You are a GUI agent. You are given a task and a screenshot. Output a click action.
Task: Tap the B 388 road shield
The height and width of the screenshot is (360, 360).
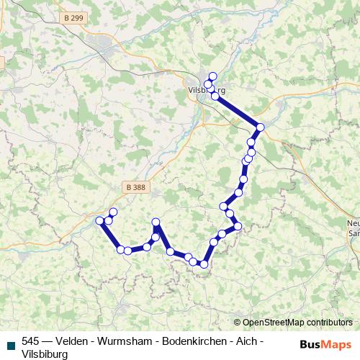click(x=133, y=186)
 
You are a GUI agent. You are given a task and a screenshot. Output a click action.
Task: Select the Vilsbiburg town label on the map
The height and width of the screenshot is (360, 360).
click(x=206, y=91)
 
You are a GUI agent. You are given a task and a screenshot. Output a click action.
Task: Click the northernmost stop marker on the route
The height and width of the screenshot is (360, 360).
click(x=212, y=76)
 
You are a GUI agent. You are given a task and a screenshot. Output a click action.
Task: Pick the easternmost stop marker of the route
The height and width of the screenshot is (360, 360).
click(x=261, y=127)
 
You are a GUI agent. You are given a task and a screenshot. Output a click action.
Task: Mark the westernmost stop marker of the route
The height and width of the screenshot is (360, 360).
click(x=100, y=221)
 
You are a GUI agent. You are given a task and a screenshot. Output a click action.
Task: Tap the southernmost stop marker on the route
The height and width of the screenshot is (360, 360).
click(x=204, y=264)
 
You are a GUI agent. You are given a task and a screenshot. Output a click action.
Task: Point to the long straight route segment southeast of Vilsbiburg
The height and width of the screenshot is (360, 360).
click(x=238, y=112)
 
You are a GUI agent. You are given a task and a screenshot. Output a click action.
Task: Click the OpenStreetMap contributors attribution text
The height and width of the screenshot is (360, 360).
click(x=297, y=323)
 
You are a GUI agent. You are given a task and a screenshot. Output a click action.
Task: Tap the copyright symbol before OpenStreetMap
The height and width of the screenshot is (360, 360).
click(x=238, y=323)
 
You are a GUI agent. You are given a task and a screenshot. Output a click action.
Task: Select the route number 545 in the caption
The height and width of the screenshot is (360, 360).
click(x=30, y=341)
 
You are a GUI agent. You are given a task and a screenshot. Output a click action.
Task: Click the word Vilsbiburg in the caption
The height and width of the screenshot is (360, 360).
click(x=45, y=354)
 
